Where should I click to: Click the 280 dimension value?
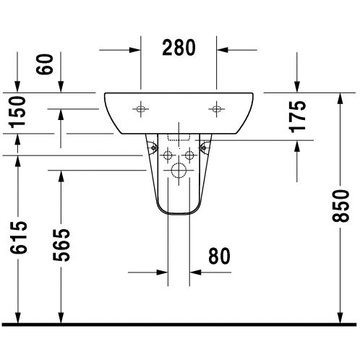[177, 49]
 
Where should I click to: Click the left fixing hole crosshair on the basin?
[141, 110]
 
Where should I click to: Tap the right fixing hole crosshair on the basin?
[215, 110]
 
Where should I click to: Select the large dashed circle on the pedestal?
[177, 171]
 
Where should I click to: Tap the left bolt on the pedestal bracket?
[153, 147]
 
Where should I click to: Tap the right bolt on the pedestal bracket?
[205, 147]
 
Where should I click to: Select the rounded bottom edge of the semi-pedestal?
[177, 215]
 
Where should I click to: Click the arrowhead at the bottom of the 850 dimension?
[340, 317]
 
